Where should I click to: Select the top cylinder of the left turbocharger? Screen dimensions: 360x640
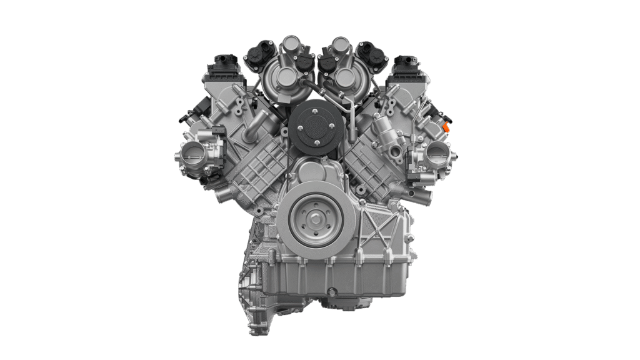coord(289,45)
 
